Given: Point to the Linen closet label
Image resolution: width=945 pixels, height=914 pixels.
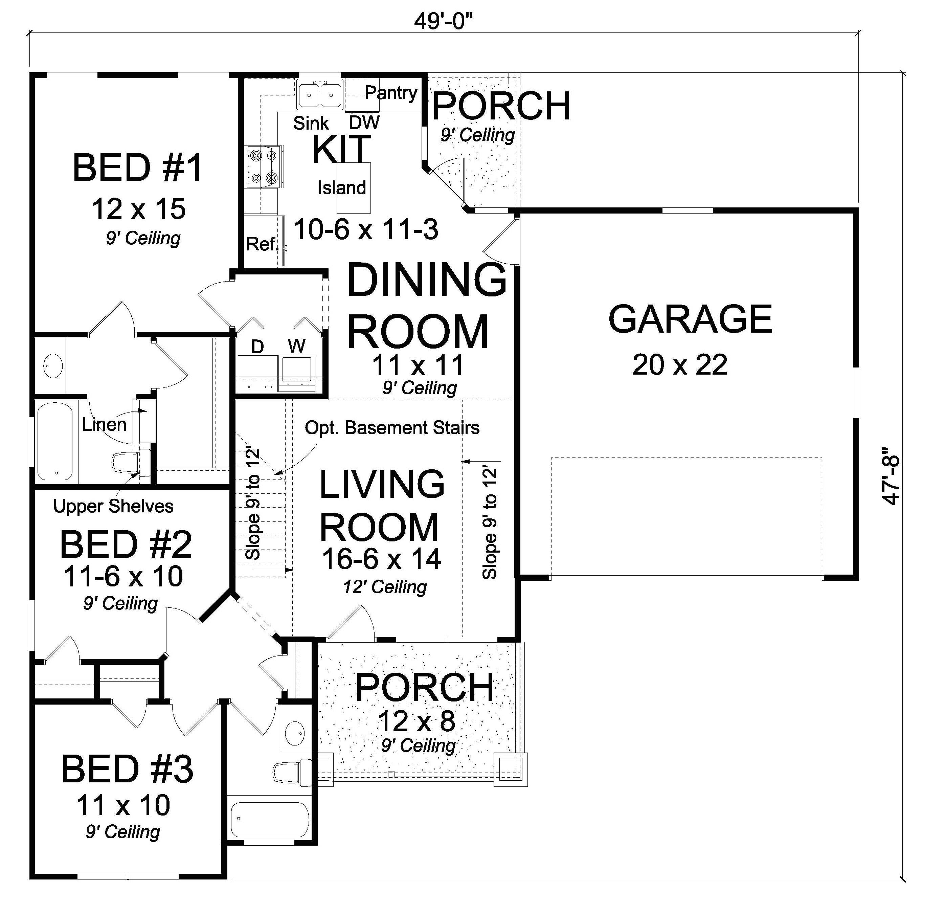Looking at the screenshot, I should [104, 424].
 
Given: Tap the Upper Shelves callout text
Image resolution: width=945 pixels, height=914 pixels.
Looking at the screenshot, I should [113, 506].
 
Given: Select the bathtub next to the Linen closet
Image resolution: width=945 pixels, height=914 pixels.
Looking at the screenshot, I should [54, 441].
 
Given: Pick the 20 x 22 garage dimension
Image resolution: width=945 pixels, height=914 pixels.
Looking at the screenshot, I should [679, 365].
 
